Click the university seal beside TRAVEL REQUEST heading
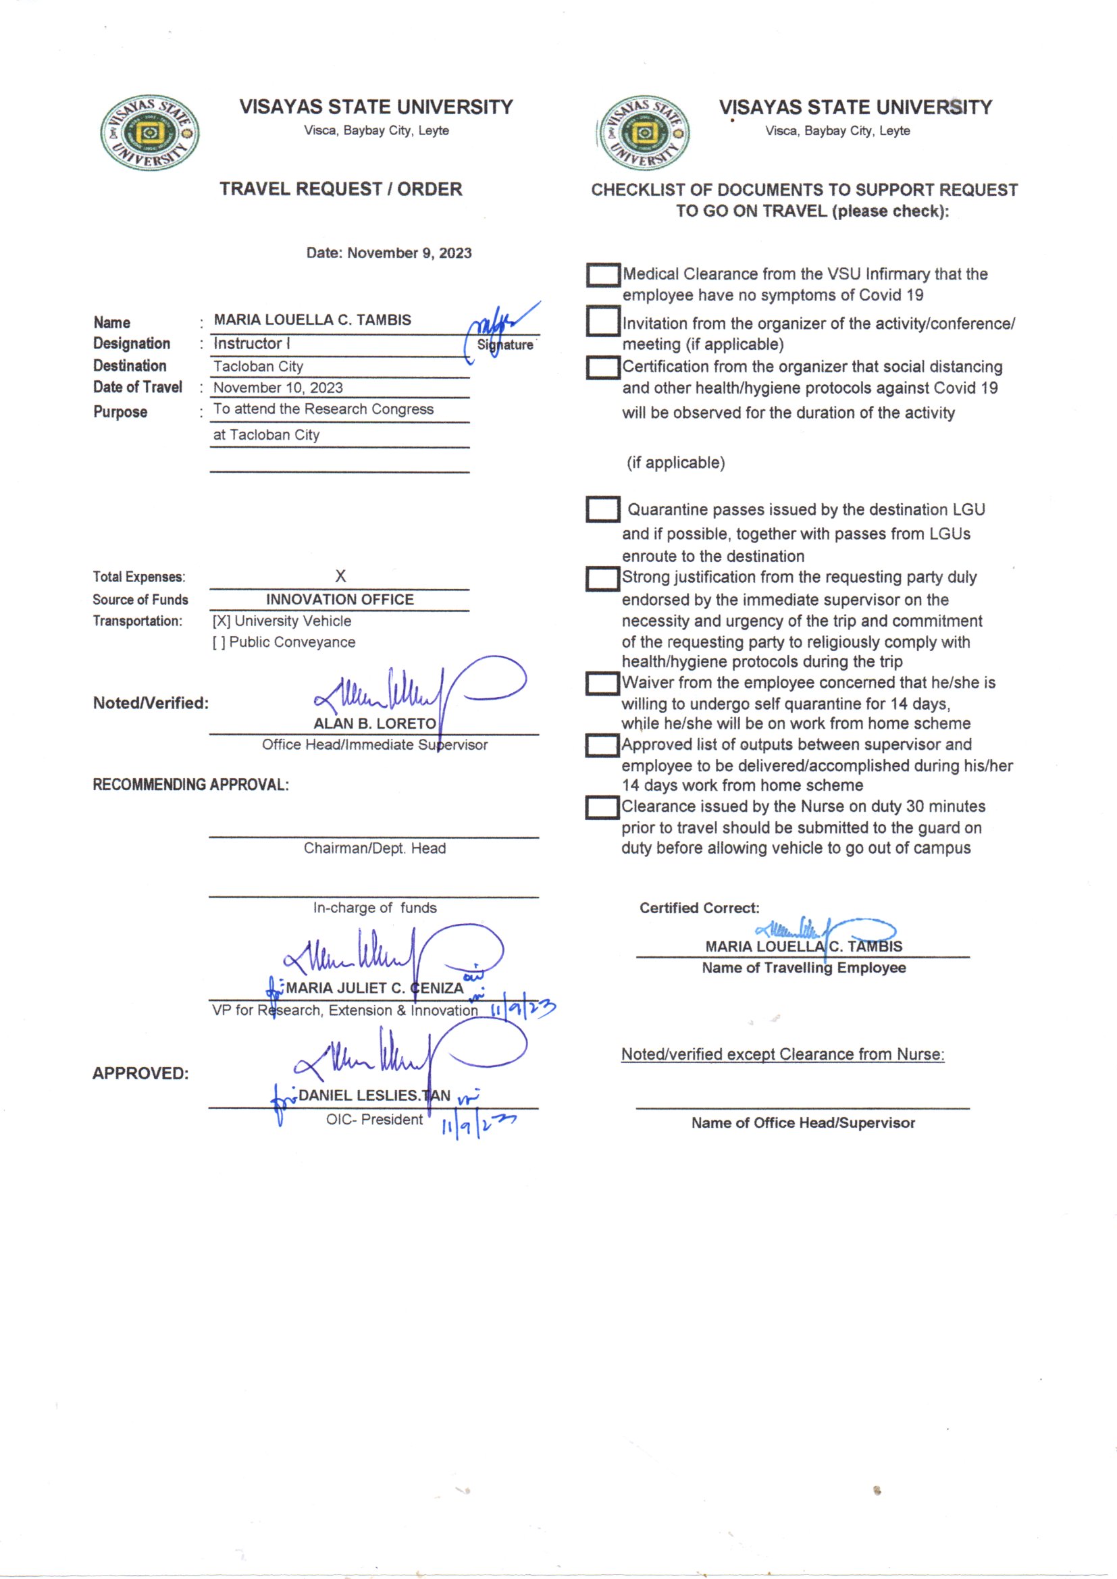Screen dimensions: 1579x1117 coord(150,133)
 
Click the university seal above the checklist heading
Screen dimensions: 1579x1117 coord(644,133)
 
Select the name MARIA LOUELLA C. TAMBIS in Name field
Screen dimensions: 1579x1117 coord(312,320)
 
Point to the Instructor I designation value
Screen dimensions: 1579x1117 coord(252,343)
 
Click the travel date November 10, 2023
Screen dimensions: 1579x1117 coord(278,388)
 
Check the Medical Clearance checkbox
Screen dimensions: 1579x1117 coord(603,275)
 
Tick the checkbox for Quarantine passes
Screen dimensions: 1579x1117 coord(602,510)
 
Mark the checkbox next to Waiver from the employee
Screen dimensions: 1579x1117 coord(602,683)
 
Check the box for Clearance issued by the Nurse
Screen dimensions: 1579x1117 coord(602,807)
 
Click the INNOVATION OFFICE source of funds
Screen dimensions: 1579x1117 coord(340,600)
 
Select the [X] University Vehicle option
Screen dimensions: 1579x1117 coord(282,621)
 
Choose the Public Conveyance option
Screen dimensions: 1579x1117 coord(284,642)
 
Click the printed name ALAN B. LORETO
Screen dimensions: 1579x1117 coord(375,723)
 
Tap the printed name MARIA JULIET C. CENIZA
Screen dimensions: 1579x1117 coord(375,988)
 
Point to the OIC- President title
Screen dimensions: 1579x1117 coord(374,1120)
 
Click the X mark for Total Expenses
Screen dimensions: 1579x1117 coord(340,576)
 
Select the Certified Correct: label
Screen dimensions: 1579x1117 coord(700,908)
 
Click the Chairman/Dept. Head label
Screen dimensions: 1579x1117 coord(375,849)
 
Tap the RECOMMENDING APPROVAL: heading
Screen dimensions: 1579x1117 coord(190,785)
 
